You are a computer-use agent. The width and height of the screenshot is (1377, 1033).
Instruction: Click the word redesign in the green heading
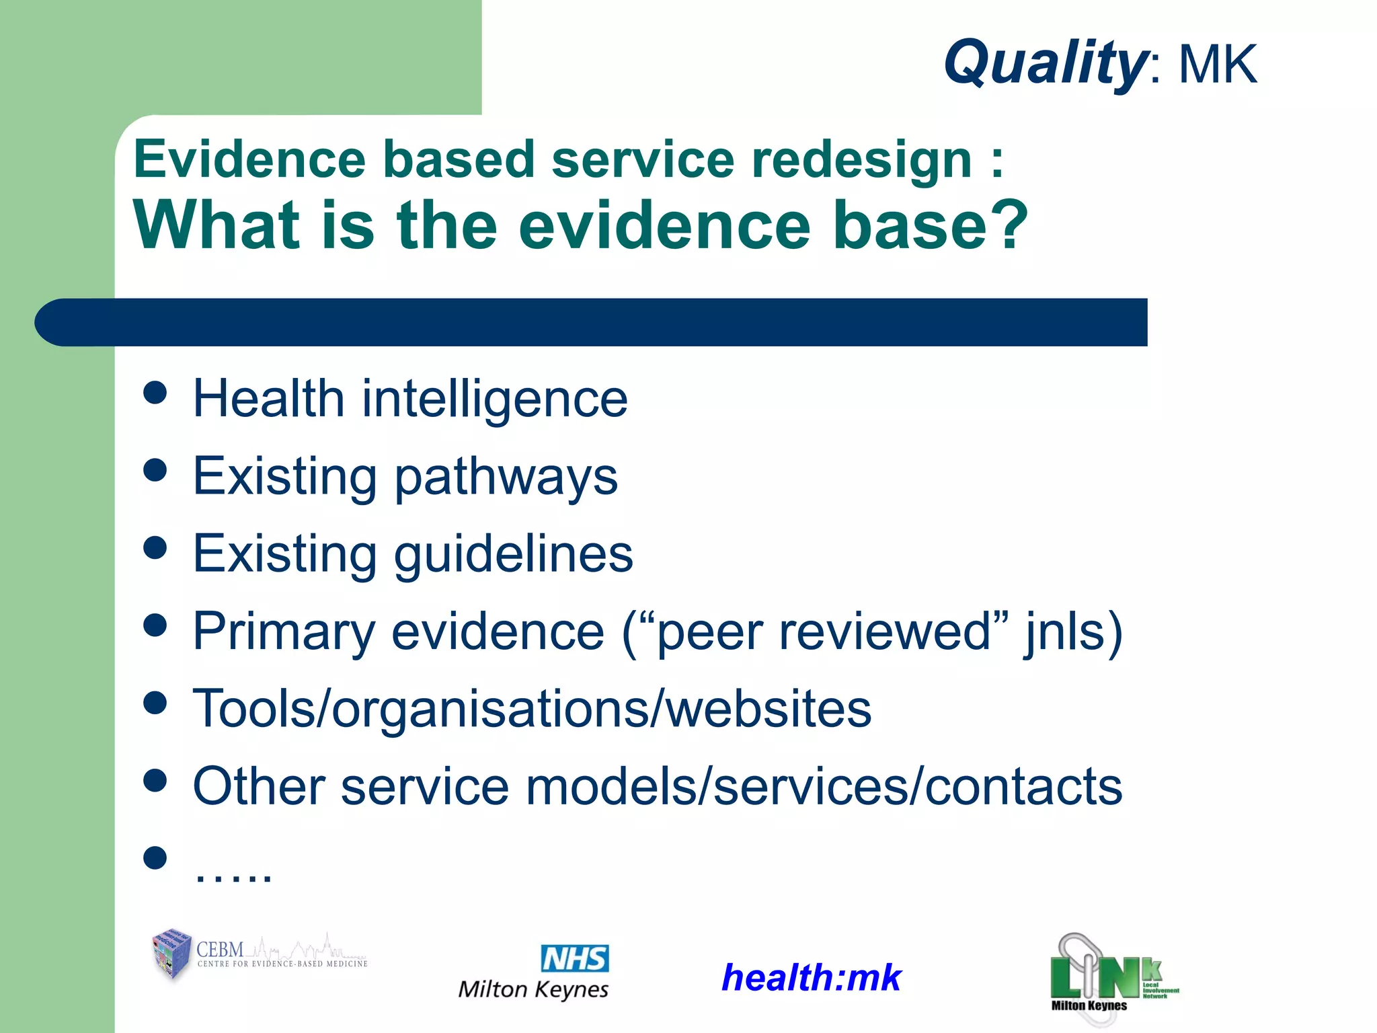click(861, 160)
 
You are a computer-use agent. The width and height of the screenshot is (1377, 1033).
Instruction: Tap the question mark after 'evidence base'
click(1005, 225)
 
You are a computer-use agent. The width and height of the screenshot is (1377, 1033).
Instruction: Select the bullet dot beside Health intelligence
click(155, 393)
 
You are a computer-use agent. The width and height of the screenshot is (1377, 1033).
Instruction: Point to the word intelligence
click(495, 399)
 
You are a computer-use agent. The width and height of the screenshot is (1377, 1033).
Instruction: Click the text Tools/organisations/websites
click(532, 709)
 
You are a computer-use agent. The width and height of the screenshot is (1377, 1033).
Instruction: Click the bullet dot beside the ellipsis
click(155, 857)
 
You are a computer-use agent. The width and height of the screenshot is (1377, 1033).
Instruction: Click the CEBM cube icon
click(172, 954)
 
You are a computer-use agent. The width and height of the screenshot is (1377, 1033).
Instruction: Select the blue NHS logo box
click(575, 958)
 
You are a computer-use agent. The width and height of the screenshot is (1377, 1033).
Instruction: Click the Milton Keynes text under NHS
click(533, 989)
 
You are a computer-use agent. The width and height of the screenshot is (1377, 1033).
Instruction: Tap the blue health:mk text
click(811, 977)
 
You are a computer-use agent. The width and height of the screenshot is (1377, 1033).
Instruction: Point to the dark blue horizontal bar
click(592, 322)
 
